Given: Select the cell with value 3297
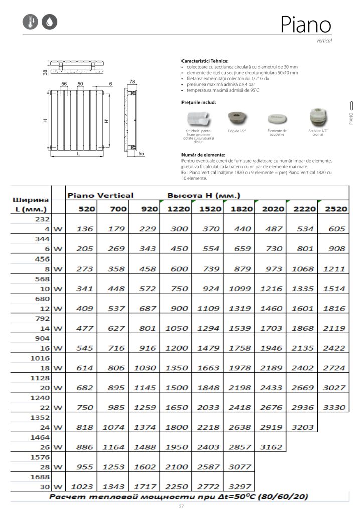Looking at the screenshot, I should click(x=239, y=486).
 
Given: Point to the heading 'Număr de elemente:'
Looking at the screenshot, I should click(x=203, y=155).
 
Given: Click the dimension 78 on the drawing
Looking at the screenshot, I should click(x=132, y=81).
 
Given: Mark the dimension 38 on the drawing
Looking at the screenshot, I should click(x=45, y=73).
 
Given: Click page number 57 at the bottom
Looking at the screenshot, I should click(x=181, y=506).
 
